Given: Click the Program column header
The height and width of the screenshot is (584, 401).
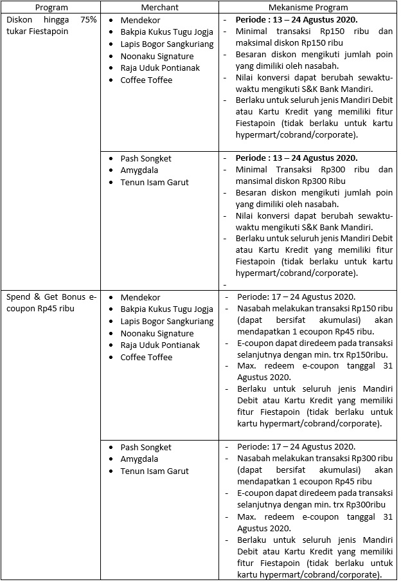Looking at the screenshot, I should (x=51, y=7).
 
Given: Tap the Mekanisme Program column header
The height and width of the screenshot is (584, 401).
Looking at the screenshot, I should (x=308, y=7).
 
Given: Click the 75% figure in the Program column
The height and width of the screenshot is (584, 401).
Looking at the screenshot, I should (x=89, y=19).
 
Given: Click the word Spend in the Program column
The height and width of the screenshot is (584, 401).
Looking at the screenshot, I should (x=19, y=297).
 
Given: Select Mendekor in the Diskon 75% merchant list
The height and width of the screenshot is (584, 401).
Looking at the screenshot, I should (x=140, y=20).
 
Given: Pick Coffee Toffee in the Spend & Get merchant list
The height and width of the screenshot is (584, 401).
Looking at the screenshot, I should (x=146, y=357).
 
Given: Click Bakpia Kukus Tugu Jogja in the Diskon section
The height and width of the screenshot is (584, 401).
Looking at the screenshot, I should (x=166, y=32).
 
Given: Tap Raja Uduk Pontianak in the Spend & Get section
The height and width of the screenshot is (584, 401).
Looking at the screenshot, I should (x=160, y=345).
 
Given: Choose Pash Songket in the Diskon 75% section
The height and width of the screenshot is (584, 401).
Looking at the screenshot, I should (x=146, y=158).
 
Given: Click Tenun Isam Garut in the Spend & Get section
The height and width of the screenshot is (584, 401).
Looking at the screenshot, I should (x=154, y=471).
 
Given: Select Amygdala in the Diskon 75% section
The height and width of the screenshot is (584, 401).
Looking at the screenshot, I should (x=140, y=170).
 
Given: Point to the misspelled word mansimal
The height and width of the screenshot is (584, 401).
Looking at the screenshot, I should (x=254, y=181).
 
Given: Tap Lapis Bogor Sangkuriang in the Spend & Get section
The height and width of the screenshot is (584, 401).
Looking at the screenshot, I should (x=166, y=321).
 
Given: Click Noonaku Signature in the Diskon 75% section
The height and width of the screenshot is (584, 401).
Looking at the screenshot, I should (x=157, y=56).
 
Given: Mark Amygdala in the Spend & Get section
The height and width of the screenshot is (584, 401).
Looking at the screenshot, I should (x=140, y=459).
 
